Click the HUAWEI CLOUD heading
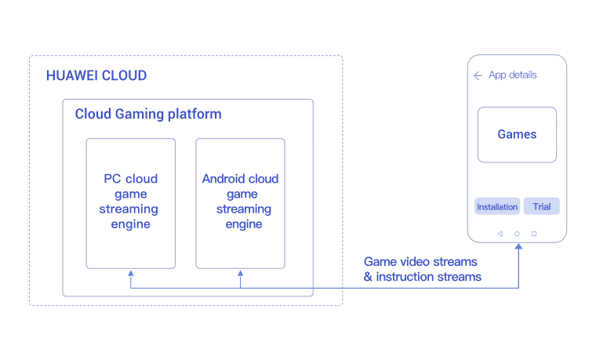pyautogui.click(x=96, y=76)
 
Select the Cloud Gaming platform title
pyautogui.click(x=147, y=115)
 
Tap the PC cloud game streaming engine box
pyautogui.click(x=130, y=203)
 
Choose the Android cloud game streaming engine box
pyautogui.click(x=240, y=203)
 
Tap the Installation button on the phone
pyautogui.click(x=497, y=207)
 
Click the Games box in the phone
pyautogui.click(x=517, y=135)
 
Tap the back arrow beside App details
pyautogui.click(x=478, y=75)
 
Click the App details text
pyautogui.click(x=513, y=75)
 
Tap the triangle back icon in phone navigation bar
pyautogui.click(x=500, y=233)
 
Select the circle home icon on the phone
pyautogui.click(x=517, y=233)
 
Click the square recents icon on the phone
pyautogui.click(x=534, y=233)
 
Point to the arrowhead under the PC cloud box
pyautogui.click(x=131, y=274)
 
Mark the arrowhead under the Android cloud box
pyautogui.click(x=241, y=274)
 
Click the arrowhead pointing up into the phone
pyautogui.click(x=518, y=247)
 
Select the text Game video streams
pyautogui.click(x=420, y=261)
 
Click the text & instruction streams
pyautogui.click(x=422, y=277)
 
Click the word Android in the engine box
pyautogui.click(x=220, y=179)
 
